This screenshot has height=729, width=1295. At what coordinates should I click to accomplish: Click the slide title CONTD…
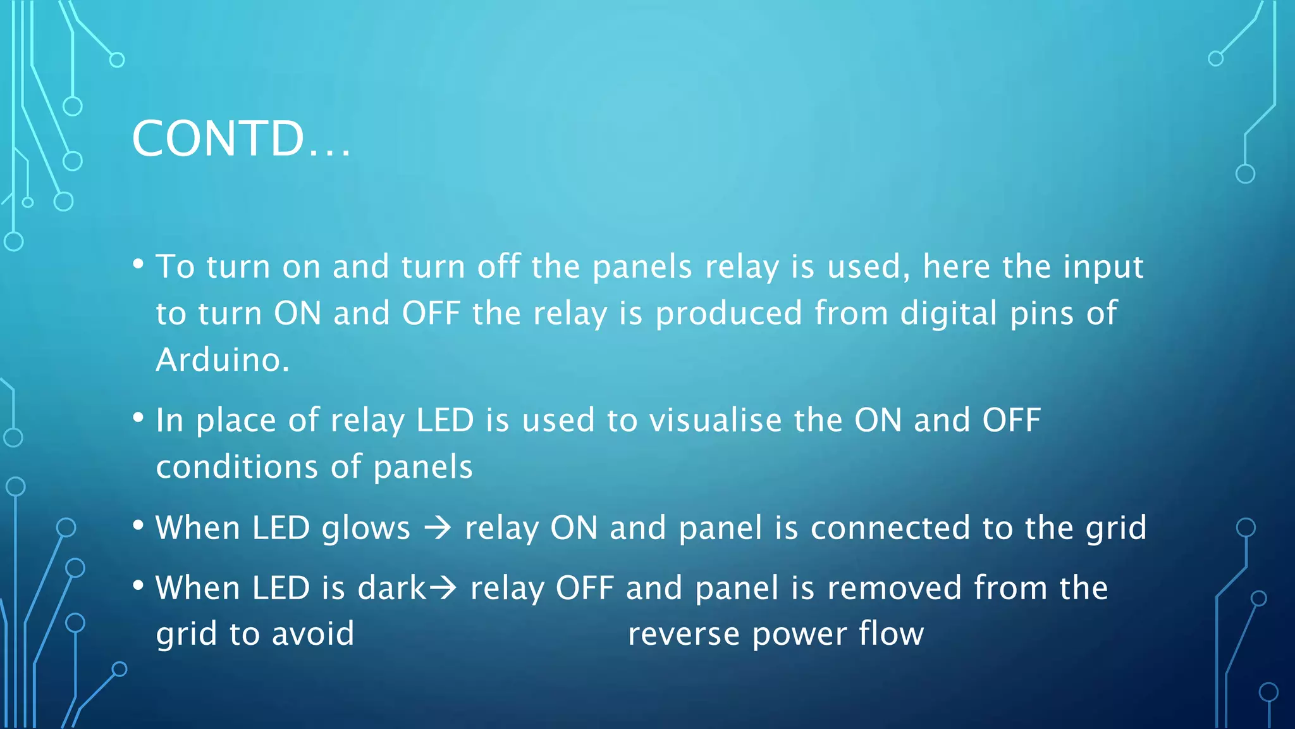[x=240, y=139]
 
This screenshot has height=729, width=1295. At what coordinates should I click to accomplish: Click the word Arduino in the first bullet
[x=221, y=360]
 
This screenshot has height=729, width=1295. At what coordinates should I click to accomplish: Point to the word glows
[x=365, y=529]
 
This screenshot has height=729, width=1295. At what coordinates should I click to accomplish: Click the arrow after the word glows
[x=438, y=528]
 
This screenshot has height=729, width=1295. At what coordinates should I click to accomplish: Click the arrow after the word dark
[x=443, y=588]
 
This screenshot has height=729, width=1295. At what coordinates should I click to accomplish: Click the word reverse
[x=683, y=634]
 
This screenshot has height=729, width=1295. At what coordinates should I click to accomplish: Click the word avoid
[x=313, y=634]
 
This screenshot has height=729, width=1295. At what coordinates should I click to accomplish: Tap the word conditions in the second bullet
[x=237, y=468]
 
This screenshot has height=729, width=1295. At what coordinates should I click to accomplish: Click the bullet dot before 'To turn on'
[x=138, y=263]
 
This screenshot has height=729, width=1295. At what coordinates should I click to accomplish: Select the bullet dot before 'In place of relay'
[x=138, y=418]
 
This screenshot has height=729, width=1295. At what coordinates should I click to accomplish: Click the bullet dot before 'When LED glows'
[x=138, y=525]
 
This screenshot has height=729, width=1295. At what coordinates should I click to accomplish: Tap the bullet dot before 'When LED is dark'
[x=138, y=585]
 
